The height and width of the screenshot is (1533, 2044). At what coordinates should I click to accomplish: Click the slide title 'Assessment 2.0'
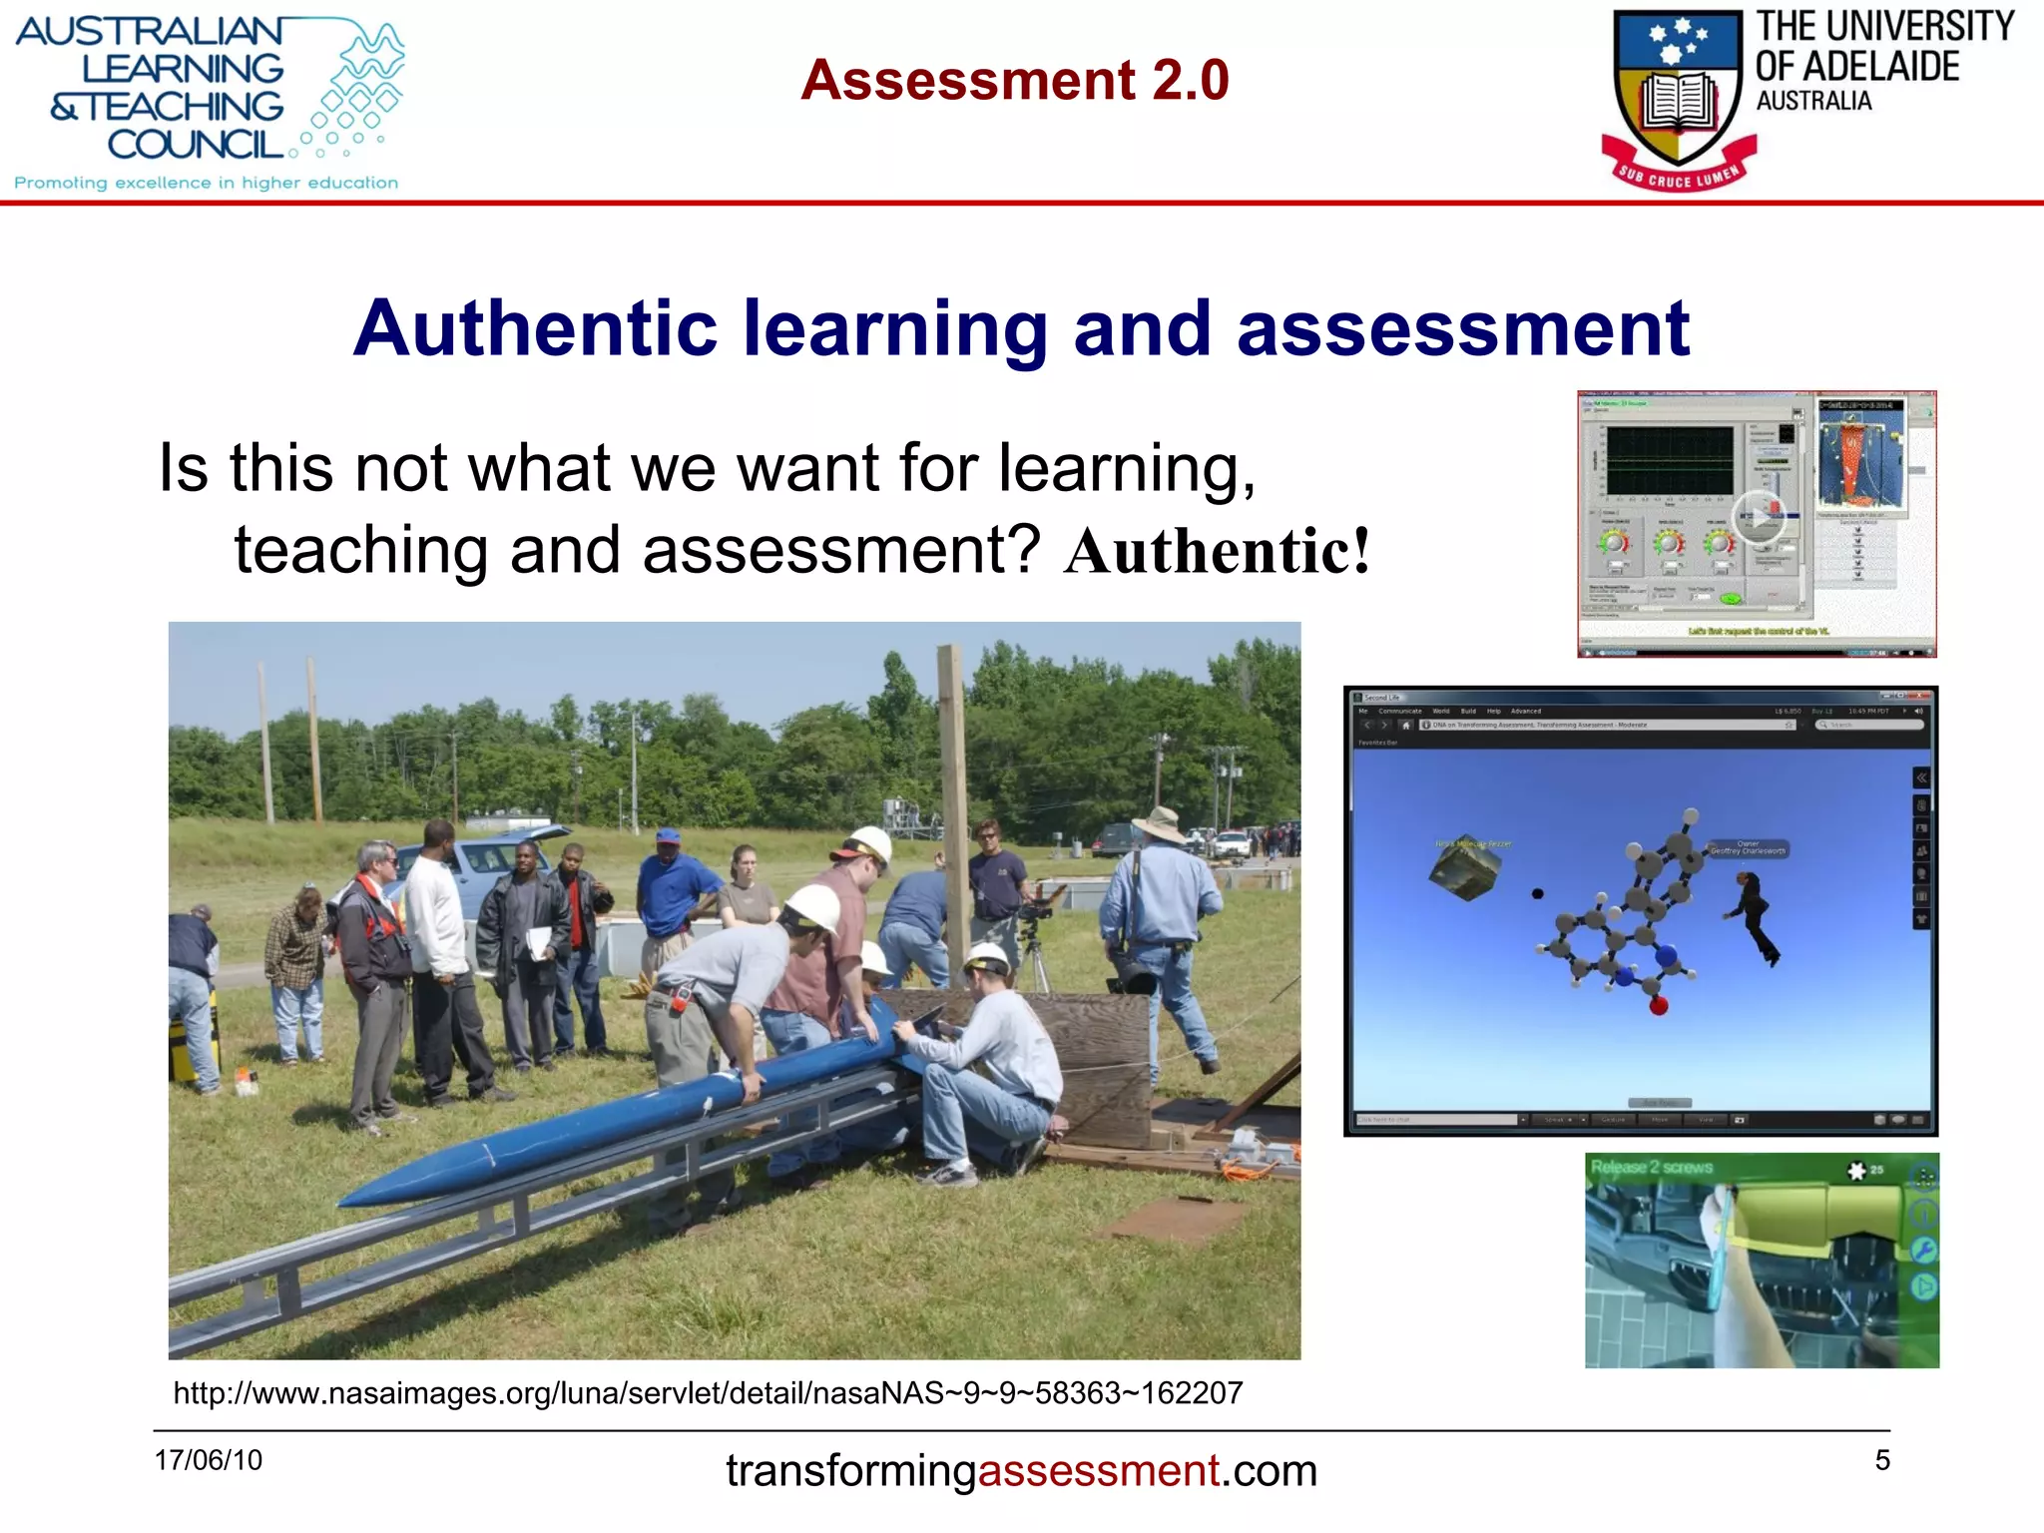point(1014,80)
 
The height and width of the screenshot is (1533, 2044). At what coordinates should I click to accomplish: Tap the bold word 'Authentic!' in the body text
point(1217,552)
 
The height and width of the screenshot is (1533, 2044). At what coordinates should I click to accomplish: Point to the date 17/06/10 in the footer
point(208,1460)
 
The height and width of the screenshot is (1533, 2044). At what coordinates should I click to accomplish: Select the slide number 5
point(1882,1460)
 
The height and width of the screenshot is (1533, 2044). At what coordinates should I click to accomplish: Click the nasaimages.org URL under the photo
point(708,1392)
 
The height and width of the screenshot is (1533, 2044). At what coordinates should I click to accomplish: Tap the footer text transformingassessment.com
point(1021,1470)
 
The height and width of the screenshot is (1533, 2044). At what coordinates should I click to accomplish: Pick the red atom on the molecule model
point(1659,1006)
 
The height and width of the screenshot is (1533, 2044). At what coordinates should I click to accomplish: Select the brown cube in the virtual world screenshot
point(1463,867)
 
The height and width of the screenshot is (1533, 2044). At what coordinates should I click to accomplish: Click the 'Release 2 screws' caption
point(1651,1167)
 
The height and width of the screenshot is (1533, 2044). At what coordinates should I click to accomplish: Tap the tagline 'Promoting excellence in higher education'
point(206,183)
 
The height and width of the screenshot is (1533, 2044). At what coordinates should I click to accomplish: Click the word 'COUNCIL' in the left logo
point(196,145)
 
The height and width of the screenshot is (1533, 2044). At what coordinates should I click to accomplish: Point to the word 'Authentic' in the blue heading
point(535,328)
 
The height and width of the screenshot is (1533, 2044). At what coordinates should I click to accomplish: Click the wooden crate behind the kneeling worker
point(1098,1058)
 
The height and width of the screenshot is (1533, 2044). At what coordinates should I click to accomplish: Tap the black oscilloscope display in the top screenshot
point(1669,461)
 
